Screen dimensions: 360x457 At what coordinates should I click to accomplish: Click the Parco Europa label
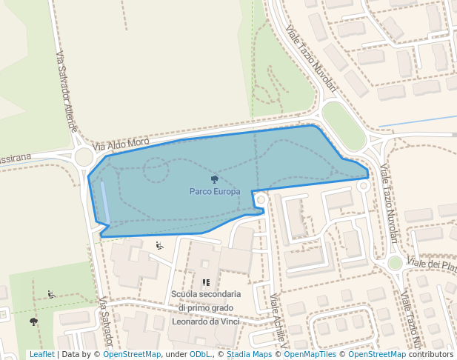(215, 191)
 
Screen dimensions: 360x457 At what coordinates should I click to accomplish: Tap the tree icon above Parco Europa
(215, 179)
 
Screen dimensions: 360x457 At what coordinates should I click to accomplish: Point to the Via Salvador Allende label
(66, 93)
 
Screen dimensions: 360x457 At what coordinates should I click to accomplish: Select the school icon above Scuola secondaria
(206, 282)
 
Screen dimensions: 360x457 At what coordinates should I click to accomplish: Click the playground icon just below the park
(159, 246)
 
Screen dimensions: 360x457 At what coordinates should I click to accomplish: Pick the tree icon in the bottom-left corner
(33, 321)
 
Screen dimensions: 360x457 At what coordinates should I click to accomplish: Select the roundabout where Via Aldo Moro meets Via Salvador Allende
(84, 156)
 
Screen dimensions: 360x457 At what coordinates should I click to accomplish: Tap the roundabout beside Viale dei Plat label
(396, 263)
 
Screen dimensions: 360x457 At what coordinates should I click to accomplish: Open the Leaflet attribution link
(41, 354)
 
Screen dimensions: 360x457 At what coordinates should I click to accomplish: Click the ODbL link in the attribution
(200, 354)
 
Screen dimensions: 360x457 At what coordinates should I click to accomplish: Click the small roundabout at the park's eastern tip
(363, 187)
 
